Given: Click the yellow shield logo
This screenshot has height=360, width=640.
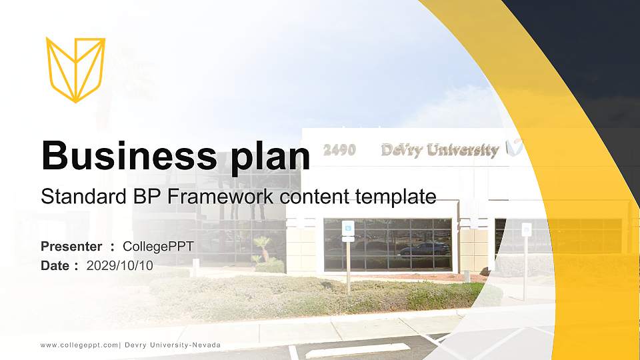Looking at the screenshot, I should pos(75,69).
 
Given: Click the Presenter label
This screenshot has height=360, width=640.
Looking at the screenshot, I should pos(71,247).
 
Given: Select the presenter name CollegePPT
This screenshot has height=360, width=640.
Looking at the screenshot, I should pos(158,247).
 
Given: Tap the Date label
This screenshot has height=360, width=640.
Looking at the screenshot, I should pos(55,266).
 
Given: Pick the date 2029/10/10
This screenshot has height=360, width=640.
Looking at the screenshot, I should pos(120,266).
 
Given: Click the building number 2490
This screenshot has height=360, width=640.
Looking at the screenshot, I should pos(339,150).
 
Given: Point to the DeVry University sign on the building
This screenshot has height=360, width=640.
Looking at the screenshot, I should pos(440,150).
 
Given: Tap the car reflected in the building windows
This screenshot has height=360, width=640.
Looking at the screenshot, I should pos(423,248).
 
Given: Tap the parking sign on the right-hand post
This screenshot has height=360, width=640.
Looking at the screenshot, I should pos(526,230).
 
